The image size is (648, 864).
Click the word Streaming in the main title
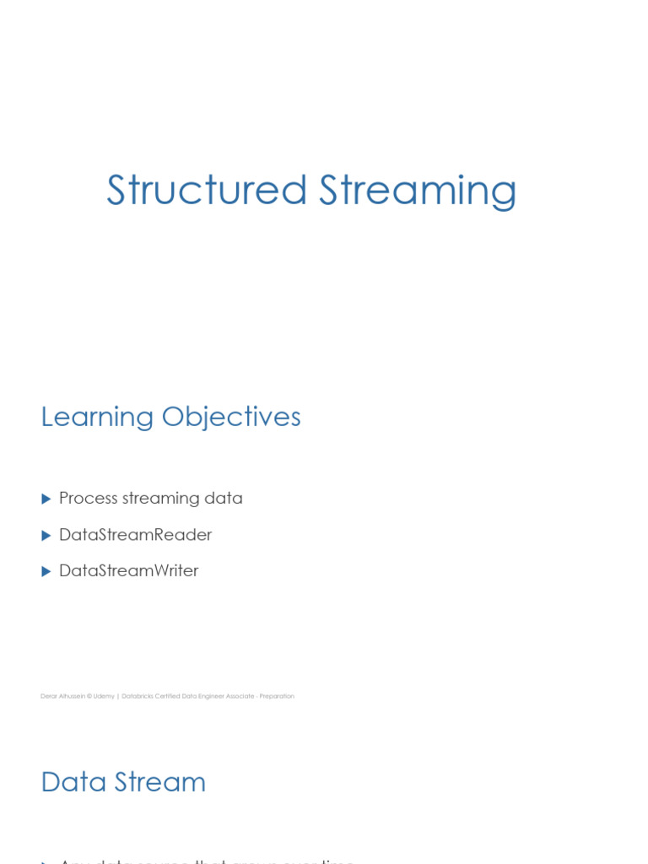coord(418,192)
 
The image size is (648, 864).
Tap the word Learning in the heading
coord(97,418)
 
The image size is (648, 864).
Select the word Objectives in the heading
coord(231,418)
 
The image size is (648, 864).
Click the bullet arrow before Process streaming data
coord(46,499)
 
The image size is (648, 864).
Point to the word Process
coord(88,499)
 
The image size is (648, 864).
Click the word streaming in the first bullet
coord(161,499)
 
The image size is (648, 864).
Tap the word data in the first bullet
coord(224,499)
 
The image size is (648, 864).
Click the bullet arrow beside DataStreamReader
coord(46,536)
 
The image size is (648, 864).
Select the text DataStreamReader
coord(135,535)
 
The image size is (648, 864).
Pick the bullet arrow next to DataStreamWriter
coord(46,572)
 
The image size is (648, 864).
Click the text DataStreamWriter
coord(128,571)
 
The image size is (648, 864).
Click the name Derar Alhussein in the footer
coord(61,696)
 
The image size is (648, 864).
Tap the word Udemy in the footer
coord(104,696)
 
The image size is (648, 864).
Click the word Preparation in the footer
coord(277,696)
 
